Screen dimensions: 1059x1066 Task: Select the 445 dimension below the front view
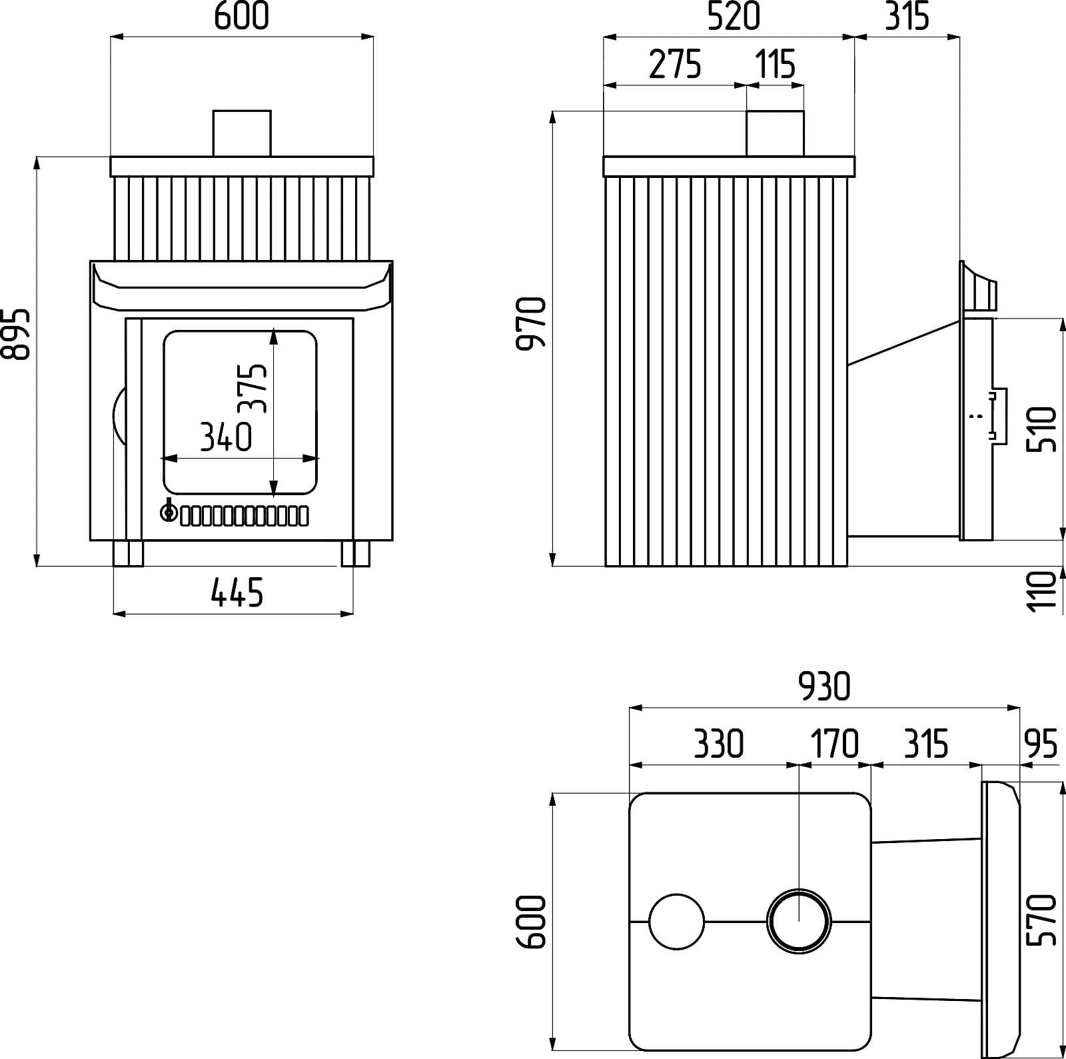[237, 592]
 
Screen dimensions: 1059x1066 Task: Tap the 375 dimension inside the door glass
[253, 389]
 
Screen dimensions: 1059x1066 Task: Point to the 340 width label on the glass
[226, 437]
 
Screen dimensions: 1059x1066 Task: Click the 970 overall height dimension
[532, 323]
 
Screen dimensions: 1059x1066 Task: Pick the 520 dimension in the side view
[732, 16]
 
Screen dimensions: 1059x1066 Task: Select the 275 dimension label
[674, 65]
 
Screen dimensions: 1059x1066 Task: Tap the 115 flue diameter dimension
[776, 65]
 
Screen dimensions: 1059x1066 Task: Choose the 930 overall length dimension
[825, 686]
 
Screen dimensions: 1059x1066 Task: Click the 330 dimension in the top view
[718, 744]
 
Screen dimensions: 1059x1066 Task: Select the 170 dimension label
[834, 744]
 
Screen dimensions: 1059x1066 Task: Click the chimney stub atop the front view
[242, 133]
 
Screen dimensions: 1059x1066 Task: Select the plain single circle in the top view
[676, 921]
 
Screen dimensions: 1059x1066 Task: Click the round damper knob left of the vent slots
[169, 513]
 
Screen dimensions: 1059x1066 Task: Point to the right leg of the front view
[355, 553]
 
